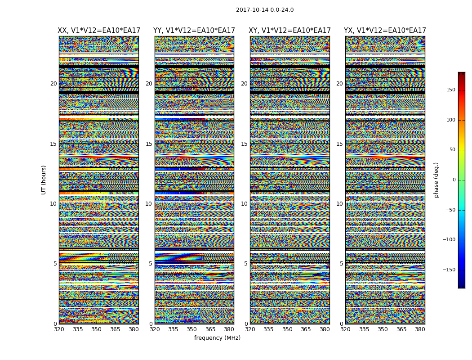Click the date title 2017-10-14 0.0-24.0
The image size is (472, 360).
[x=265, y=10]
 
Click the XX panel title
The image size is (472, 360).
[x=99, y=31]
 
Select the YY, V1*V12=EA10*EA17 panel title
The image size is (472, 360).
[x=194, y=31]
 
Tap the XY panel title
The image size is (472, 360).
[x=290, y=31]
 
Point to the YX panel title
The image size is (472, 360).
[x=385, y=31]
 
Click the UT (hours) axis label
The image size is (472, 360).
[x=44, y=180]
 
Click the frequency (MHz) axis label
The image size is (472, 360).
[x=217, y=338]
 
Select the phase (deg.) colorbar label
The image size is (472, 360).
[x=436, y=180]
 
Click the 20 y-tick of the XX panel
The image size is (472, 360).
[x=53, y=84]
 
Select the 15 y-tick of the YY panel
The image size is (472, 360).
[x=149, y=144]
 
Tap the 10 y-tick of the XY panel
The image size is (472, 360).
[x=244, y=204]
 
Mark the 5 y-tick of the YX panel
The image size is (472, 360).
[x=341, y=264]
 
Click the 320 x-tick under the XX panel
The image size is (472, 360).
[x=59, y=329]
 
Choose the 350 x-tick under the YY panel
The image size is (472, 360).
[x=192, y=329]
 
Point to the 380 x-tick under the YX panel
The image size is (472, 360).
[x=420, y=329]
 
